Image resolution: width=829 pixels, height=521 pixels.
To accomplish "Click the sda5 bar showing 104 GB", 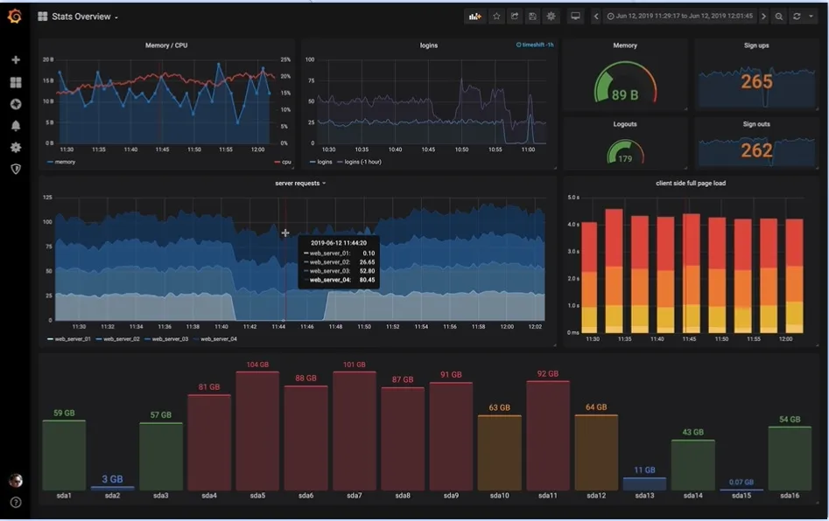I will point(257,428).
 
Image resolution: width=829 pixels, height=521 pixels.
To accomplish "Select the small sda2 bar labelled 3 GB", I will point(112,487).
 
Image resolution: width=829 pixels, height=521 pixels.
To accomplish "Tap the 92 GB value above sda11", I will point(548,373).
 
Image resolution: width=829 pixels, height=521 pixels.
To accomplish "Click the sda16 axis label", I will point(789,496).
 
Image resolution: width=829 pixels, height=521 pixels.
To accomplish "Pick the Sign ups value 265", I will point(756,82).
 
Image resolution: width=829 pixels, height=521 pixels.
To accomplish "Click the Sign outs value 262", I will point(756,150).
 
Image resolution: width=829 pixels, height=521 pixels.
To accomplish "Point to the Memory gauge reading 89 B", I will point(625,94).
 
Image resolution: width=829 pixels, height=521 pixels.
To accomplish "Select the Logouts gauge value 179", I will point(625,158).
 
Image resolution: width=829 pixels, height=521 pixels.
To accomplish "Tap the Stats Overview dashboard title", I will point(81,17).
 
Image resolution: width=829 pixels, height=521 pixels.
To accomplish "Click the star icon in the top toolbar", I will point(495,17).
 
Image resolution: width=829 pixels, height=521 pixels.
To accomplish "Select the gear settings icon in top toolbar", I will point(551,17).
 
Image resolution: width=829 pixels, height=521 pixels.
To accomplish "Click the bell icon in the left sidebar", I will point(15,126).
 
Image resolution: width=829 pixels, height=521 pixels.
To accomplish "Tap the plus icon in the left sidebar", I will point(15,60).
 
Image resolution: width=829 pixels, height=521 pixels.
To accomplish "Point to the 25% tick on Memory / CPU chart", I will point(285,59).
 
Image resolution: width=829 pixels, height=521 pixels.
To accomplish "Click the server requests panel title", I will point(297,183).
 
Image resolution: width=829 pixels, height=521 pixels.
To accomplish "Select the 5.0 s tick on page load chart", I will point(573,198).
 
